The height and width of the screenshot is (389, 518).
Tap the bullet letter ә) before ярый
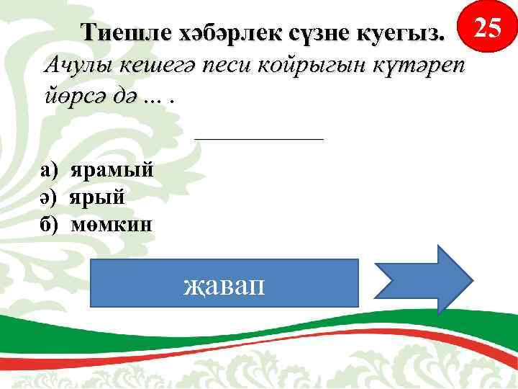point(50,197)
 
